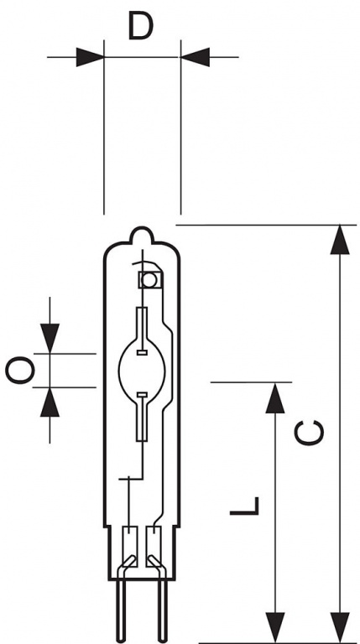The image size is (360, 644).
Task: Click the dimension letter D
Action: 140,25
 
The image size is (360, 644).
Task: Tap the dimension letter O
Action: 20,370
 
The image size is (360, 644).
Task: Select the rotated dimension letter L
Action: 244,506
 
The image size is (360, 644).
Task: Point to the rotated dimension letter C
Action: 309,433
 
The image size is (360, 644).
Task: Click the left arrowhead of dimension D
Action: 90,57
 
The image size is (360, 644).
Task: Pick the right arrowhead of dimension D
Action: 196,57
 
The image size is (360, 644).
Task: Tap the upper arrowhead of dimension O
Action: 50,339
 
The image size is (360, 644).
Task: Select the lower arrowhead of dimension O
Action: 50,402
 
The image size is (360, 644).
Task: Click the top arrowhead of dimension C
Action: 340,240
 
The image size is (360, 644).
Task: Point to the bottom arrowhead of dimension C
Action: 340,627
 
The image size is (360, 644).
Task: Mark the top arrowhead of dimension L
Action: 275,398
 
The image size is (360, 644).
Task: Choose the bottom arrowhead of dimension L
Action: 275,627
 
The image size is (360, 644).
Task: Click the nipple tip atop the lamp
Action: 141,228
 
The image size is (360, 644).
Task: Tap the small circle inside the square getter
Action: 149,281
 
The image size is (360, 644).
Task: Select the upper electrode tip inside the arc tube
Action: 142,352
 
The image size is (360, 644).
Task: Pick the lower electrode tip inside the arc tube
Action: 142,395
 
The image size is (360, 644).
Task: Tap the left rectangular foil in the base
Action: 130,546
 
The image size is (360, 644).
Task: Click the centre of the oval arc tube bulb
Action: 142,371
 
